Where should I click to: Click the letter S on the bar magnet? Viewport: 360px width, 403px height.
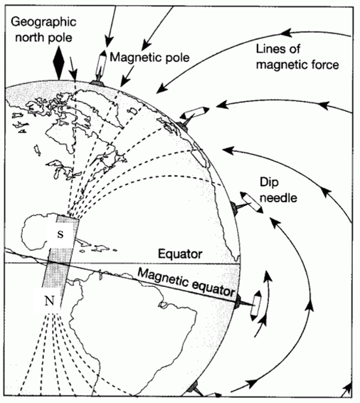pyautogui.click(x=60, y=234)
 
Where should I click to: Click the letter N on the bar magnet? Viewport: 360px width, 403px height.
pyautogui.click(x=50, y=300)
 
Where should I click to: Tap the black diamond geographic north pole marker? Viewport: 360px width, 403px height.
pyautogui.click(x=59, y=63)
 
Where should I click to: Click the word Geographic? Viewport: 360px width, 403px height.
pyautogui.click(x=43, y=22)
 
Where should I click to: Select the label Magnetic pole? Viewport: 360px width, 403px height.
pyautogui.click(x=149, y=57)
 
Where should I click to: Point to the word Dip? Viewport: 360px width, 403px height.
pyautogui.click(x=269, y=183)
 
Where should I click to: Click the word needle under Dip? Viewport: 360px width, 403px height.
pyautogui.click(x=278, y=198)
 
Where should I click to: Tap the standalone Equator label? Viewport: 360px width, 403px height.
pyautogui.click(x=180, y=254)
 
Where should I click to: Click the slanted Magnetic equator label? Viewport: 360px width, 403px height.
pyautogui.click(x=186, y=282)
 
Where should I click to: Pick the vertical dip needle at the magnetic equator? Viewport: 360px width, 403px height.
pyautogui.click(x=256, y=305)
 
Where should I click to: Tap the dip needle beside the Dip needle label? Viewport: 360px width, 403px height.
pyautogui.click(x=252, y=202)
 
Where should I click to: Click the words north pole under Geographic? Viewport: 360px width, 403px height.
pyautogui.click(x=43, y=38)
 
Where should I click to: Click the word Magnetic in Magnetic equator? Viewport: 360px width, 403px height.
pyautogui.click(x=162, y=277)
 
